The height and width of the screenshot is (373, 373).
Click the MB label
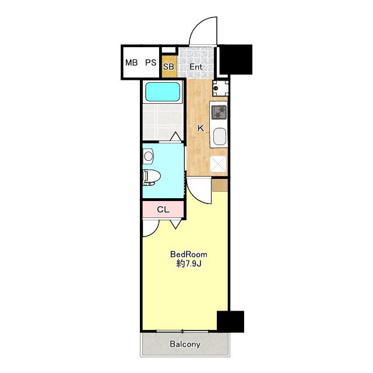[132, 62]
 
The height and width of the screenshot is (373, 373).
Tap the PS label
[151, 62]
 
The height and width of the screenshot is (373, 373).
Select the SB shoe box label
[168, 66]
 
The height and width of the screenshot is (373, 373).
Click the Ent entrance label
[196, 67]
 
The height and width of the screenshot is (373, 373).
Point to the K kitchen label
[200, 128]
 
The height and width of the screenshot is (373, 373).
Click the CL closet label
[163, 210]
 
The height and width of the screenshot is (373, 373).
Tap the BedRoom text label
[189, 255]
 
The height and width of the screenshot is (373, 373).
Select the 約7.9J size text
[189, 263]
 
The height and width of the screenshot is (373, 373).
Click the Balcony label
[185, 344]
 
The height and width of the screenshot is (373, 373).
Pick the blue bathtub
[163, 92]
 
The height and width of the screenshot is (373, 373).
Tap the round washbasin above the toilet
[148, 156]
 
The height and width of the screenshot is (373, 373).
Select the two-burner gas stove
[219, 112]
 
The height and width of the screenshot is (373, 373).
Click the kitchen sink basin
[220, 136]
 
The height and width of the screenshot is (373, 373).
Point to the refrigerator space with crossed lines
[219, 163]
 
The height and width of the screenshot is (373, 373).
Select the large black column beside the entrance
[235, 59]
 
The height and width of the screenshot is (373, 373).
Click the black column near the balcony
[231, 321]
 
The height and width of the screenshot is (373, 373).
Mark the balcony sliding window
[182, 331]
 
